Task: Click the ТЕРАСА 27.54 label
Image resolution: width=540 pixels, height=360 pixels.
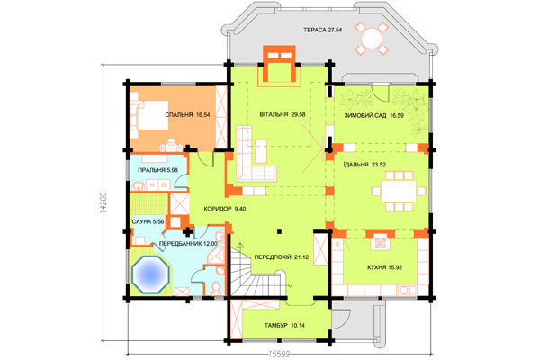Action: pyautogui.click(x=323, y=30)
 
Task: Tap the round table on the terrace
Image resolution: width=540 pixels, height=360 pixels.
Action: pyautogui.click(x=372, y=38)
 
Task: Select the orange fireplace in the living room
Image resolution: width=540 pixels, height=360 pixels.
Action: pyautogui.click(x=279, y=64)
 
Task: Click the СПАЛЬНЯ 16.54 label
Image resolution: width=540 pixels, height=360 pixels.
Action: pyautogui.click(x=187, y=114)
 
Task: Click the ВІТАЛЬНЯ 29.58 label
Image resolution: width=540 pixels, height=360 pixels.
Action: pyautogui.click(x=283, y=114)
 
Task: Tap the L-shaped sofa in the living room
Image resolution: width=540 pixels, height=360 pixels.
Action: pyautogui.click(x=255, y=154)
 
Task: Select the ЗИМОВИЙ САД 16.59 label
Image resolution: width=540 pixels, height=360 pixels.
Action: pyautogui.click(x=373, y=116)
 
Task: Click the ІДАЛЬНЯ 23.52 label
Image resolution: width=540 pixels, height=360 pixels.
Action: pyautogui.click(x=364, y=165)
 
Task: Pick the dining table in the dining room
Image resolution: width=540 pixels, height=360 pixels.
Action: pyautogui.click(x=399, y=191)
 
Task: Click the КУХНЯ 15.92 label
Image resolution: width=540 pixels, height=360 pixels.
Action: pyautogui.click(x=384, y=267)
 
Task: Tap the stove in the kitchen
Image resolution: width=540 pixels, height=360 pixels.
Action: pyautogui.click(x=380, y=244)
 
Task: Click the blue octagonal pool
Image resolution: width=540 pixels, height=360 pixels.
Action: pyautogui.click(x=151, y=274)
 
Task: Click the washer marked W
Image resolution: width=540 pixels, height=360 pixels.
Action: pyautogui.click(x=165, y=185)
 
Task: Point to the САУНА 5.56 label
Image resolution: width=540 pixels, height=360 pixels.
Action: pyautogui.click(x=148, y=221)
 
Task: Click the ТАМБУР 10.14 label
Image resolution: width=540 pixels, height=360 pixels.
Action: pyautogui.click(x=284, y=325)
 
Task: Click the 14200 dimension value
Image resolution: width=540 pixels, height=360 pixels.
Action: pyautogui.click(x=103, y=202)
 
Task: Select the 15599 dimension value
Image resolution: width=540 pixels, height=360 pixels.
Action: pyautogui.click(x=279, y=354)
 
